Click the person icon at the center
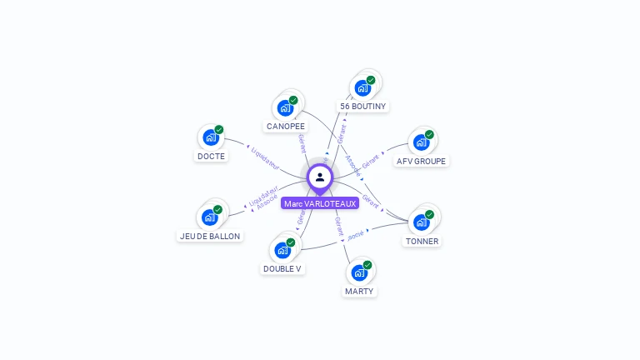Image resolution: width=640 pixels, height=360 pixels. tap(320, 177)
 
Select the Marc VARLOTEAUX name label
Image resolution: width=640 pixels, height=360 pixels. tap(320, 203)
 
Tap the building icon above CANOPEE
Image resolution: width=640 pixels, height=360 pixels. tap(285, 107)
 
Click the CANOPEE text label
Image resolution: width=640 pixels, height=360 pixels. tap(286, 127)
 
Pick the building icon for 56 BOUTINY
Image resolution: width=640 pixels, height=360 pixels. tap(362, 87)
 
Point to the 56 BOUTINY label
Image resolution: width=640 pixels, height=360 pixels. tap(363, 107)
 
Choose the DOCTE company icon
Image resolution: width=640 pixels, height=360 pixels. tap(211, 137)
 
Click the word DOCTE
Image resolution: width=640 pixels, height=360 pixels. tap(211, 156)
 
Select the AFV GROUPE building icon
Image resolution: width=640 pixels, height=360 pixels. tap(422, 142)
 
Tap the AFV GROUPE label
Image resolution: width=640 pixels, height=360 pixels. tap(421, 161)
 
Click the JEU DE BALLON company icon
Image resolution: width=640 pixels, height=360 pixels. tap(210, 217)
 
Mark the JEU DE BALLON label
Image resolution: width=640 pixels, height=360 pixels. tap(210, 236)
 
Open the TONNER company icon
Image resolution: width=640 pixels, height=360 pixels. tap(422, 222)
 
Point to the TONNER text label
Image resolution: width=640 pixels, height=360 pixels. tap(422, 241)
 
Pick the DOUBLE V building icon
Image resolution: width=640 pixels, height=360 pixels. tap(282, 249)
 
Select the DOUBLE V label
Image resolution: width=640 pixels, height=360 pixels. tap(282, 268)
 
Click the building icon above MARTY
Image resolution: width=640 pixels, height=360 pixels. tap(359, 272)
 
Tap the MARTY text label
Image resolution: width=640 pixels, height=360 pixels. tap(360, 291)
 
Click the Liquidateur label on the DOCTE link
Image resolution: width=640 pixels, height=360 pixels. tap(265, 159)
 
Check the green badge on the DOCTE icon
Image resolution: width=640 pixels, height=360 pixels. tap(219, 129)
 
